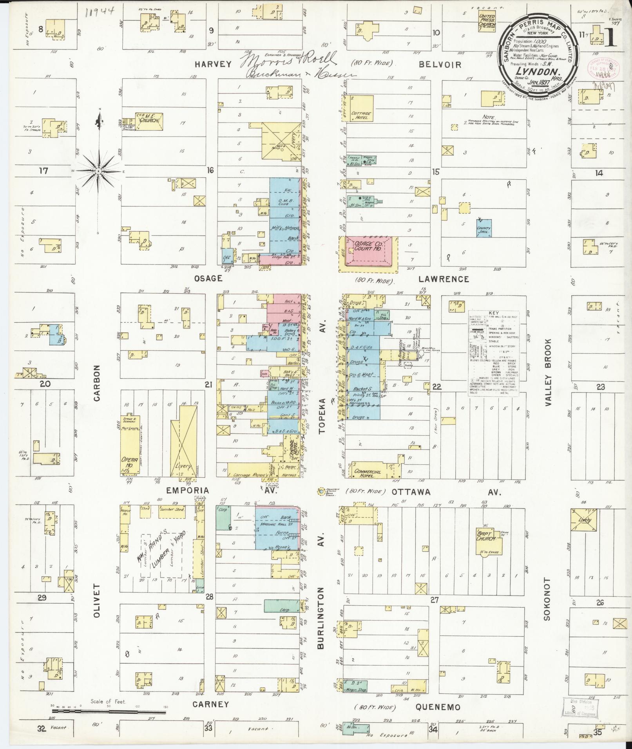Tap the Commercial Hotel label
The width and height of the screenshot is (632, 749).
point(367,472)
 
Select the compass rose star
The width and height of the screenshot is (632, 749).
point(99,171)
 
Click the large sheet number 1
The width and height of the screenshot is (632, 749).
point(610,37)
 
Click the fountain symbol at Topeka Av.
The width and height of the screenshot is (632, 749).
point(321,490)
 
